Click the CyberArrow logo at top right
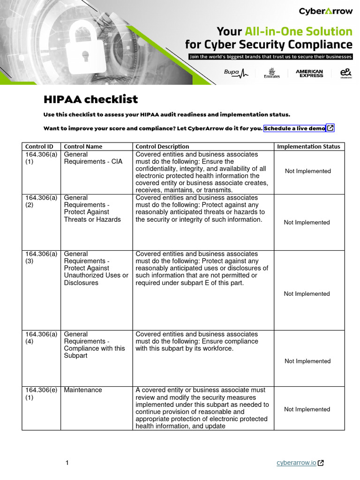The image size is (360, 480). pyautogui.click(x=325, y=11)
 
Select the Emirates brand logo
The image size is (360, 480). pyautogui.click(x=272, y=73)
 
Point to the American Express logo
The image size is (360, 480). pyautogui.click(x=309, y=73)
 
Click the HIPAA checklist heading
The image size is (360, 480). pyautogui.click(x=90, y=99)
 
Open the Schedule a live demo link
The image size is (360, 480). pyautogui.click(x=295, y=128)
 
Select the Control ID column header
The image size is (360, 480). pyautogui.click(x=39, y=146)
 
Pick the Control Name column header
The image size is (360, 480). pyautogui.click(x=83, y=146)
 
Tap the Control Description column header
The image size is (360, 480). pyautogui.click(x=162, y=146)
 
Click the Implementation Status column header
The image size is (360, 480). pyautogui.click(x=308, y=146)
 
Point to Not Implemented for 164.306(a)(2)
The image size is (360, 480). pyautogui.click(x=307, y=222)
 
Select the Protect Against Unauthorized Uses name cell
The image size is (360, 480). pyautogui.click(x=96, y=268)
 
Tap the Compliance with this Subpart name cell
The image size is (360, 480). pyautogui.click(x=94, y=345)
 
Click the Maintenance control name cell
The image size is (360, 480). pyautogui.click(x=83, y=390)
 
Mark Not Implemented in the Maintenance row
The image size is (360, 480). pyautogui.click(x=307, y=409)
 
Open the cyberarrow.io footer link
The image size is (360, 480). pyautogui.click(x=296, y=463)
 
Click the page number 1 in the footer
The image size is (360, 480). pyautogui.click(x=67, y=463)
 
